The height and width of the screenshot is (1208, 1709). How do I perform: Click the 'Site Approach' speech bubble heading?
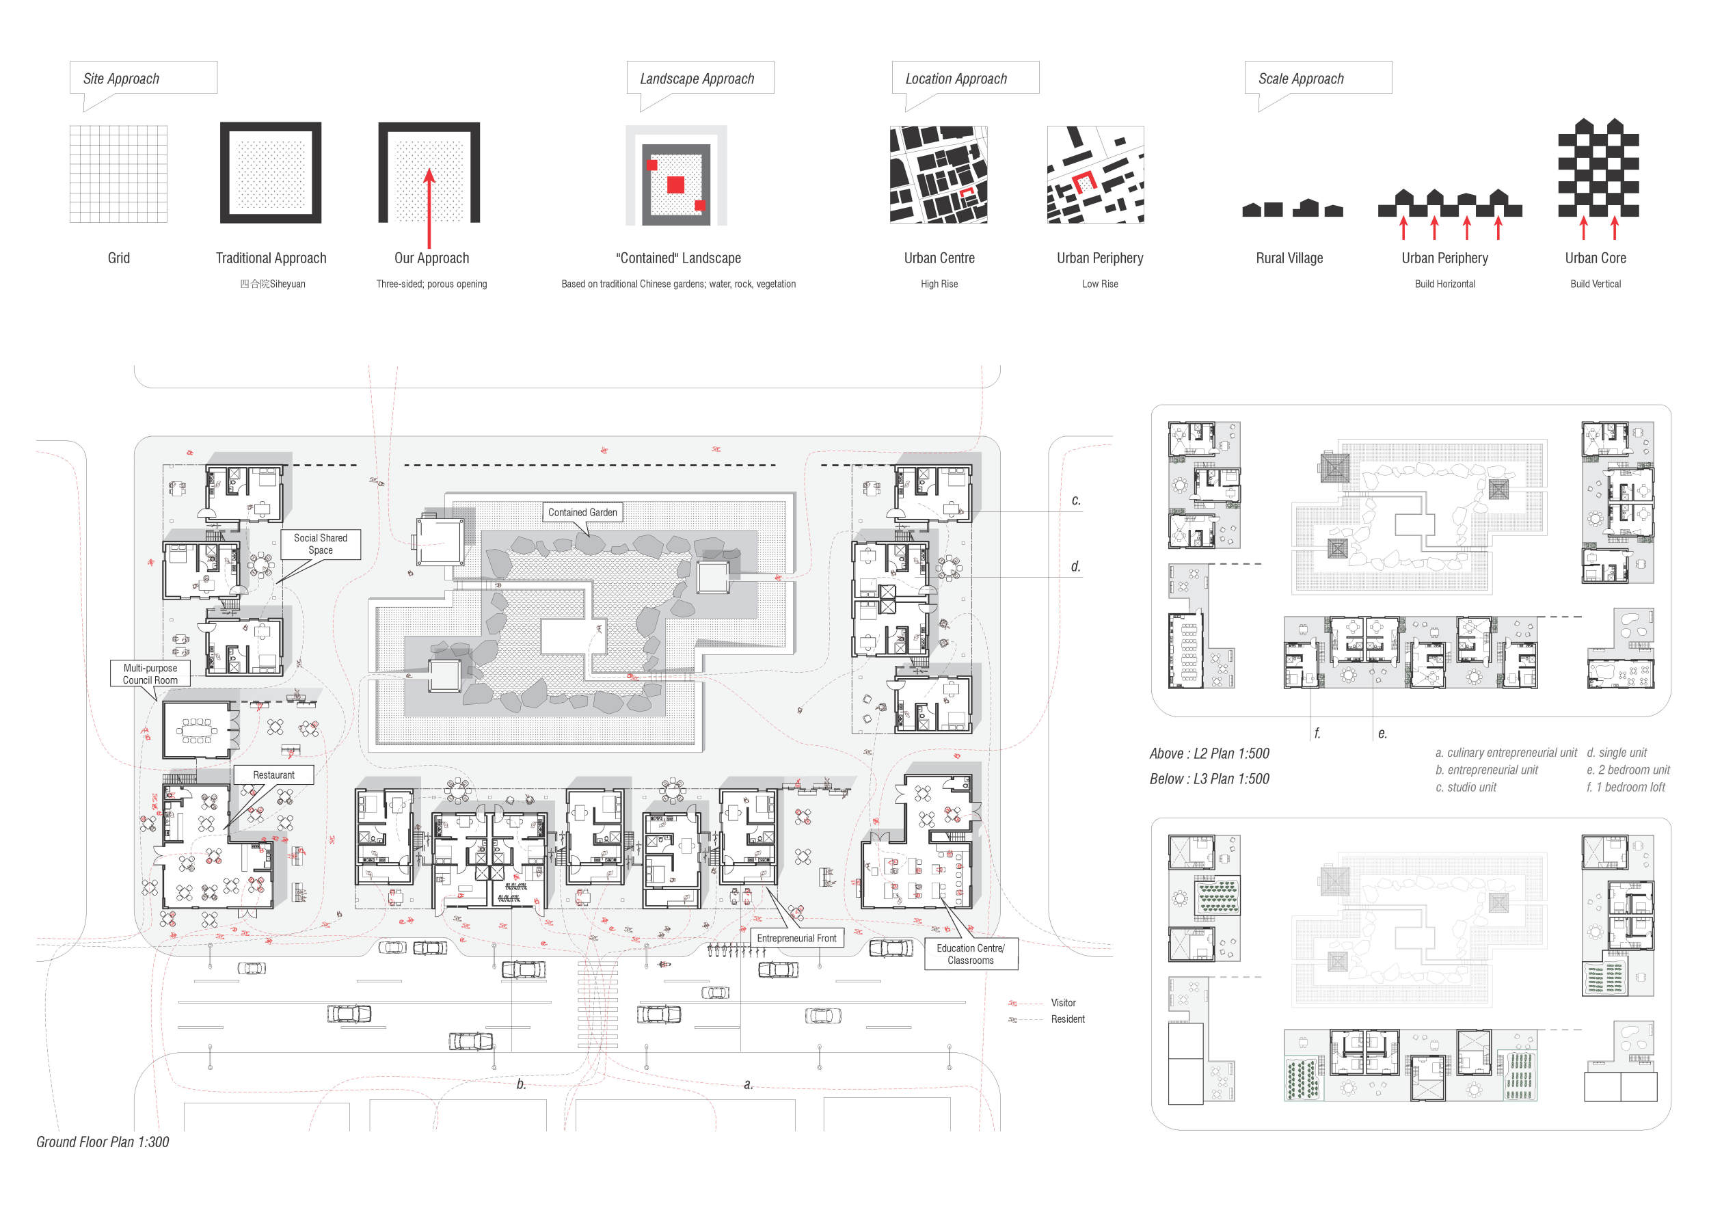[x=121, y=79]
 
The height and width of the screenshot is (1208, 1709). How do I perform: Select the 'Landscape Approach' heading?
[x=697, y=79]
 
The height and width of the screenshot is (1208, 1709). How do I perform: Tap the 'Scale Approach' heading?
[x=1301, y=79]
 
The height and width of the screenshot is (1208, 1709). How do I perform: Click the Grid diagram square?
[x=118, y=174]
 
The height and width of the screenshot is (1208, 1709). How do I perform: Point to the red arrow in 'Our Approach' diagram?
[x=429, y=209]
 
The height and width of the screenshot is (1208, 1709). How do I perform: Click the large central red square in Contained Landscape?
[x=675, y=184]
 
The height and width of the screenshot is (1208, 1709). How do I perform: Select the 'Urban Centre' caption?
[x=939, y=258]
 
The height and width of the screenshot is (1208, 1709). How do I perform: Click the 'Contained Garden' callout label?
[x=583, y=513]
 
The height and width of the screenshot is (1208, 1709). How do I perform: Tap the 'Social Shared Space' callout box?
[x=321, y=544]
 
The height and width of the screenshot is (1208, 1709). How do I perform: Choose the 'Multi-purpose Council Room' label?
[x=150, y=674]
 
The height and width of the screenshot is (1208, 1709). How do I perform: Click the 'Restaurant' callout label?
[x=274, y=775]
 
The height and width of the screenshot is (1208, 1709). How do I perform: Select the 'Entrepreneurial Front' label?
[x=796, y=939]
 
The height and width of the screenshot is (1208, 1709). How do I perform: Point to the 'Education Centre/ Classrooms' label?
[x=971, y=954]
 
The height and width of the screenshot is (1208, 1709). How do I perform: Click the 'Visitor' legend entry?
[x=1063, y=1004]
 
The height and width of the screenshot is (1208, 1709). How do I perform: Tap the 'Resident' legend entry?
[x=1067, y=1020]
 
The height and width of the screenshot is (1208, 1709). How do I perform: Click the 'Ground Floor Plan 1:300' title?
[x=103, y=1142]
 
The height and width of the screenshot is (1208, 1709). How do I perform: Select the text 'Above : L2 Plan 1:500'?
[x=1209, y=754]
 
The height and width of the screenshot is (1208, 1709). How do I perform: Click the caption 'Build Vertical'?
[x=1596, y=284]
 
